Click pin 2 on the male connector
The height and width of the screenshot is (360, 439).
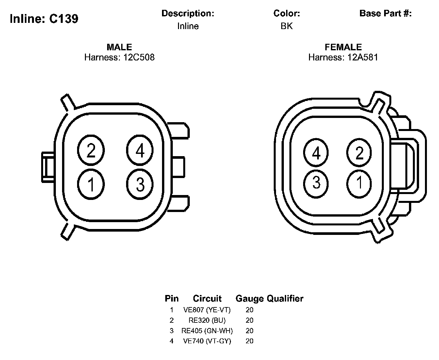(x=91, y=150)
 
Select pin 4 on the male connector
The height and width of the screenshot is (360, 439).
(x=140, y=150)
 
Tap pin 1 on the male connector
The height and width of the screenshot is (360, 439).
(x=91, y=184)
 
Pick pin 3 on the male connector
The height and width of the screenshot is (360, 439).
(x=140, y=184)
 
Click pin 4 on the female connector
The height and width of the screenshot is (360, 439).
(x=316, y=153)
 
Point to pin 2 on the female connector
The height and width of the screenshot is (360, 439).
(x=359, y=153)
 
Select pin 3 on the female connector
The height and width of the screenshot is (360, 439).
(x=316, y=184)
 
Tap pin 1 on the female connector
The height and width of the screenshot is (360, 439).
(x=359, y=184)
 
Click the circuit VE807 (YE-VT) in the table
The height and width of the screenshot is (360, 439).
(x=207, y=310)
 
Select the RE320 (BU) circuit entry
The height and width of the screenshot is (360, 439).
(x=207, y=320)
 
